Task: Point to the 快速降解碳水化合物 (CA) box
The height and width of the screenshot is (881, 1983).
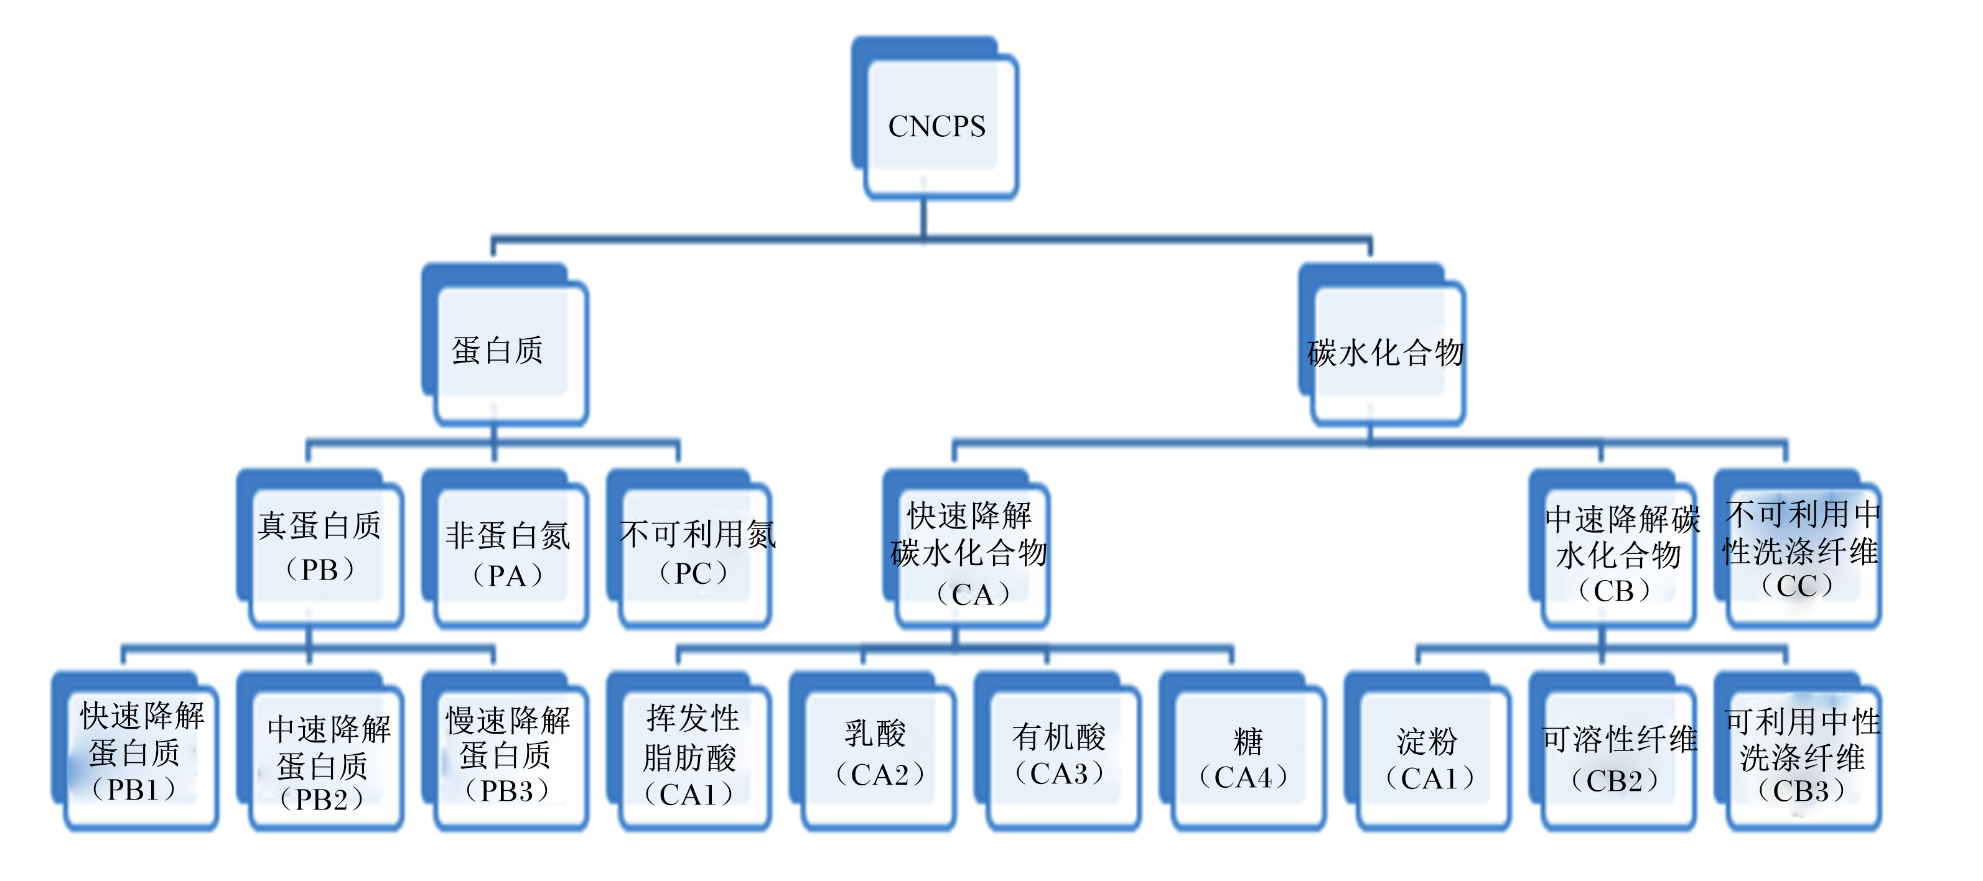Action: coord(966,548)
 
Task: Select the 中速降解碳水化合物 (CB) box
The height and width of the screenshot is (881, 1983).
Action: coord(1613,548)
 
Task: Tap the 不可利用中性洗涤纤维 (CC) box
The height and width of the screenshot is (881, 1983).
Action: coord(1798,548)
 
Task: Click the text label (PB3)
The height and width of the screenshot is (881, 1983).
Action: coord(506,790)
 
